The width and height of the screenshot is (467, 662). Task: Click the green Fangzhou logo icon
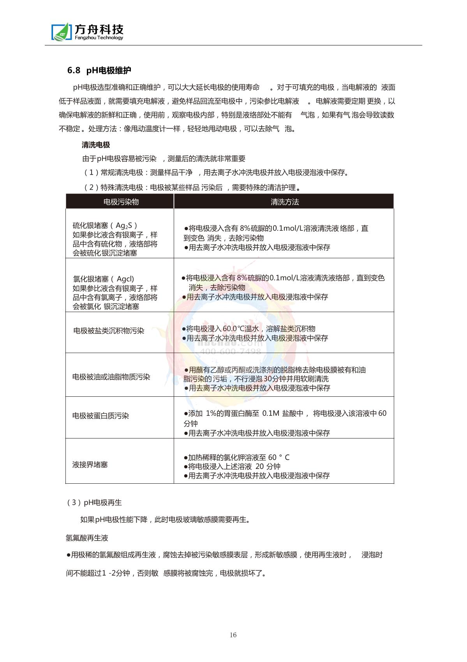(x=62, y=32)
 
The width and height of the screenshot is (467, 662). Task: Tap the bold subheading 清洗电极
(x=96, y=145)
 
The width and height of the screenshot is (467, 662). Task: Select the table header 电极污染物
(x=121, y=202)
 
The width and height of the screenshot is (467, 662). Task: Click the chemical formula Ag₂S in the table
(x=124, y=225)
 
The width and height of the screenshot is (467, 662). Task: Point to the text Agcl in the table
(x=125, y=279)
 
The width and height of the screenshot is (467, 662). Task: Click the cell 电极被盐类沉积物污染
(x=109, y=331)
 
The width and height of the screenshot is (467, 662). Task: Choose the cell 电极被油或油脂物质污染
(x=111, y=377)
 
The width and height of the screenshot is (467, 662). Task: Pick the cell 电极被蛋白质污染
(x=100, y=415)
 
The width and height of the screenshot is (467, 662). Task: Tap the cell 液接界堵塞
(x=90, y=465)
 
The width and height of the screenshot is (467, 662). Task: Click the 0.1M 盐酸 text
(x=278, y=413)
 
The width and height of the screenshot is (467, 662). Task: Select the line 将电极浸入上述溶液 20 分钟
(x=234, y=467)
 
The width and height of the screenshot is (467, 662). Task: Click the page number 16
(x=233, y=635)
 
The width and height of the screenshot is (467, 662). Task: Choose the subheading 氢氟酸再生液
(x=86, y=538)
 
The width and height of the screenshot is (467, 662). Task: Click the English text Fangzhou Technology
(x=98, y=38)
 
